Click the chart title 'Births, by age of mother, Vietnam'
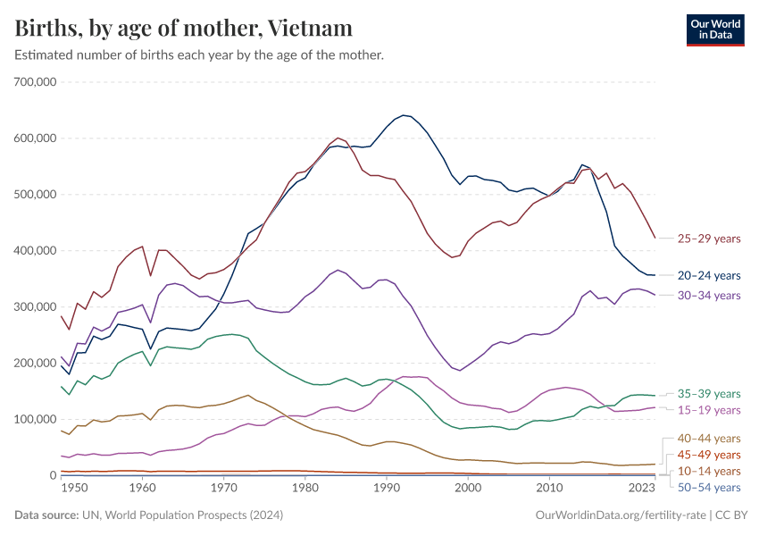point(183,29)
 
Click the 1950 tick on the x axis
point(74,489)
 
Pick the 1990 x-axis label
point(387,489)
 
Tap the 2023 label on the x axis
point(641,489)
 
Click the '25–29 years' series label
point(709,239)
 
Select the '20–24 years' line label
point(709,275)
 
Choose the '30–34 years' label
point(709,295)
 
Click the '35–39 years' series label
point(709,393)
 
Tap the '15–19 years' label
point(709,409)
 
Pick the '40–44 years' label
point(709,438)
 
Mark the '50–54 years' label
point(709,487)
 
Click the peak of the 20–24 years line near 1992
point(404,115)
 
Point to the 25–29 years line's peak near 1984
point(338,138)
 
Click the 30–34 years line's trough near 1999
point(460,370)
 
